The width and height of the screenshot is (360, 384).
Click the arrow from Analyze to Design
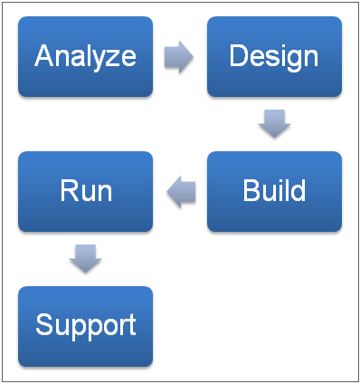(179, 57)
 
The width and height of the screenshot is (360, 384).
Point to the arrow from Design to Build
(274, 124)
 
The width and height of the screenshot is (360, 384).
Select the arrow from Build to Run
(181, 191)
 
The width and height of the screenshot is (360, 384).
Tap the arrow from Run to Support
(85, 259)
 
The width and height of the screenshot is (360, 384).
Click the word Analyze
(85, 57)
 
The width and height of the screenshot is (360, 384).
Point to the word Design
(274, 57)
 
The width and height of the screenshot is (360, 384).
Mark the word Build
(274, 191)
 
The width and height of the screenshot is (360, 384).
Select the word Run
(85, 191)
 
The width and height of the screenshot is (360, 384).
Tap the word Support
(85, 325)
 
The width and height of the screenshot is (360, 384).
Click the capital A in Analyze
(43, 56)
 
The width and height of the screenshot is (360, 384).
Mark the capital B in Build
(251, 191)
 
